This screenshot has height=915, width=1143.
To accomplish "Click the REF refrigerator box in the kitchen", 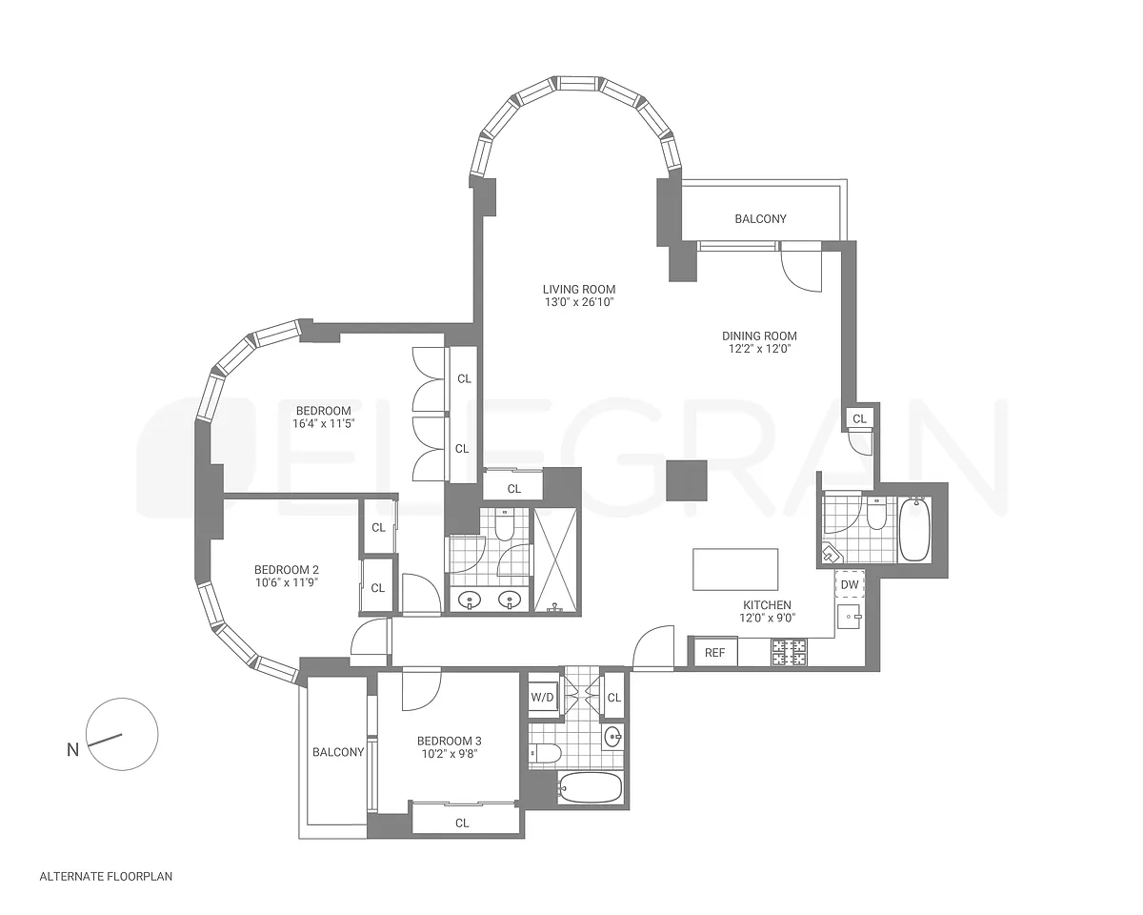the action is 715,652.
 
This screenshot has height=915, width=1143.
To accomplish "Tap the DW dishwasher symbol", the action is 850,584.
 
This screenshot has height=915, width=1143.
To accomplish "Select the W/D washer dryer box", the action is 543,697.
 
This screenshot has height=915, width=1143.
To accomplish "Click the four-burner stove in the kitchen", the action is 789,652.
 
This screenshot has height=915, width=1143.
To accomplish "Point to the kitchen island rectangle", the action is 735,569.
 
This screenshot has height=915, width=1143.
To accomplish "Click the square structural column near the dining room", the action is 687,480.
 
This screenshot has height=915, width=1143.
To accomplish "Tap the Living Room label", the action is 579,289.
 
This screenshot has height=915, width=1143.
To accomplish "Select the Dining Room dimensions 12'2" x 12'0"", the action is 759,349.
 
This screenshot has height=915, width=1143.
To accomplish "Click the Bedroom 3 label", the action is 450,741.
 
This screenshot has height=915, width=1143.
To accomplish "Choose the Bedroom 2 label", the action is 287,569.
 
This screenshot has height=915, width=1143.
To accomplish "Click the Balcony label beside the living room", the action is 761,218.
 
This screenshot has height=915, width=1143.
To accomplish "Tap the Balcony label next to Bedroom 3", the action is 338,752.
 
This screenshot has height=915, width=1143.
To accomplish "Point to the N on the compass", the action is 72,750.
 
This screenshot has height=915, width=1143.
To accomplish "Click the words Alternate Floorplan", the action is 107,877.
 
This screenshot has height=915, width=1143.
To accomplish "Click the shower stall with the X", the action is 555,561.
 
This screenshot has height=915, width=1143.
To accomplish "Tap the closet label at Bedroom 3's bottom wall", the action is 462,823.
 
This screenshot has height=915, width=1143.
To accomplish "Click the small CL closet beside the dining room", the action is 860,418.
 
